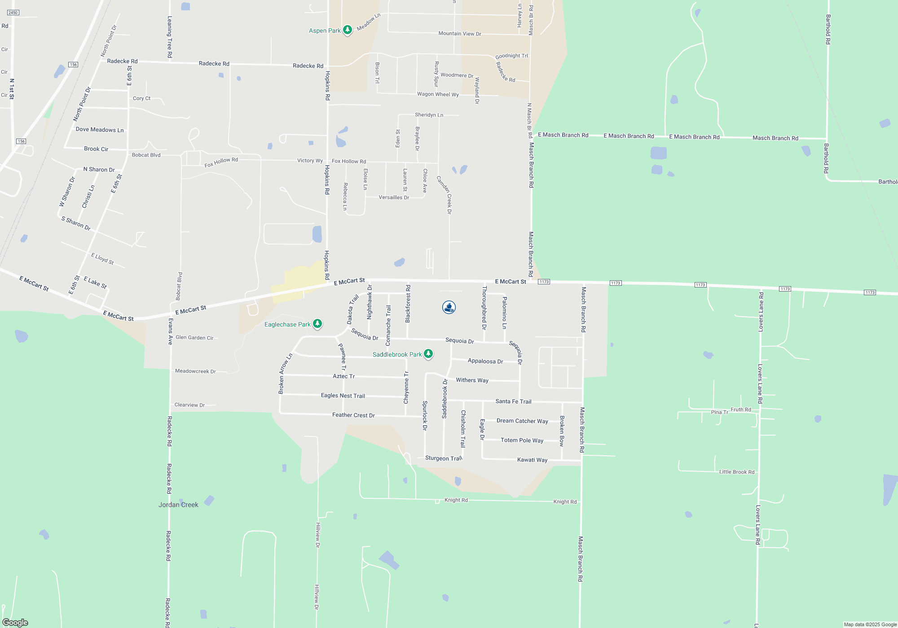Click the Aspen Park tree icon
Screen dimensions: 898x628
pyautogui.click(x=347, y=30)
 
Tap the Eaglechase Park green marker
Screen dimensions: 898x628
pyautogui.click(x=317, y=323)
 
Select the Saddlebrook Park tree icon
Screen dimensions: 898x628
pyautogui.click(x=428, y=354)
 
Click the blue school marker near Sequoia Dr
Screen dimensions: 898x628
pyautogui.click(x=449, y=307)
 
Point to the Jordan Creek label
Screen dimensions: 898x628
pyautogui.click(x=178, y=505)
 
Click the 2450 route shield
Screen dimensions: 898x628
pyautogui.click(x=13, y=13)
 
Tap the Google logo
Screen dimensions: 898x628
pyautogui.click(x=15, y=622)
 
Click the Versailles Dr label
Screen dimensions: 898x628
pyautogui.click(x=394, y=197)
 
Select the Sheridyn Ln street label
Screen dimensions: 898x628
pyautogui.click(x=429, y=115)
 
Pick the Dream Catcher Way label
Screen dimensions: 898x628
pyautogui.click(x=522, y=421)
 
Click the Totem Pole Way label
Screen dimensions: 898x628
pyautogui.click(x=522, y=440)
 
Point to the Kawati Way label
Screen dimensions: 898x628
pyautogui.click(x=532, y=460)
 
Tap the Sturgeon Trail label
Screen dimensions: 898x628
pyautogui.click(x=443, y=458)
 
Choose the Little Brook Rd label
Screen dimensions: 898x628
pyautogui.click(x=736, y=472)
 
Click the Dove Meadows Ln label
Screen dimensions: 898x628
pyautogui.click(x=100, y=130)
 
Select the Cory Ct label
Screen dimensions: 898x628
pyautogui.click(x=141, y=98)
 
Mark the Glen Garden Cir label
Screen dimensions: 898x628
pyautogui.click(x=194, y=337)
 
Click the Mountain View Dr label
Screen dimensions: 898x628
pyautogui.click(x=459, y=34)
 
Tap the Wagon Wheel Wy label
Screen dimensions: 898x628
pyautogui.click(x=438, y=94)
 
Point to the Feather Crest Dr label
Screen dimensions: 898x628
pyautogui.click(x=353, y=415)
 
